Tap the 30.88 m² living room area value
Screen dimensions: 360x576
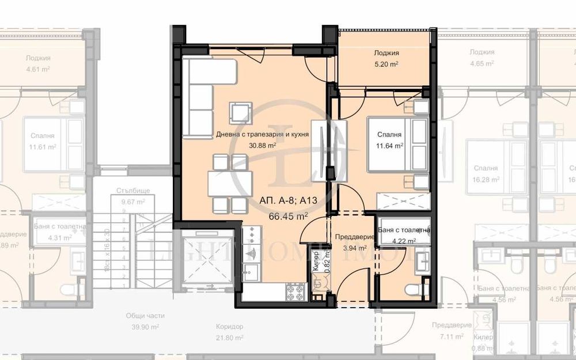pos(263,146)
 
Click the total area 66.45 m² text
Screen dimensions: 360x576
pos(288,216)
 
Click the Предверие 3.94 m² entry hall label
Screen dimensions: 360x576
pos(351,242)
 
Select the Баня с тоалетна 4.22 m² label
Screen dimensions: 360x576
pos(404,235)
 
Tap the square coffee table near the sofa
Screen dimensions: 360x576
pos(240,111)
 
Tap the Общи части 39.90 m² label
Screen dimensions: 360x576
pos(145,321)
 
